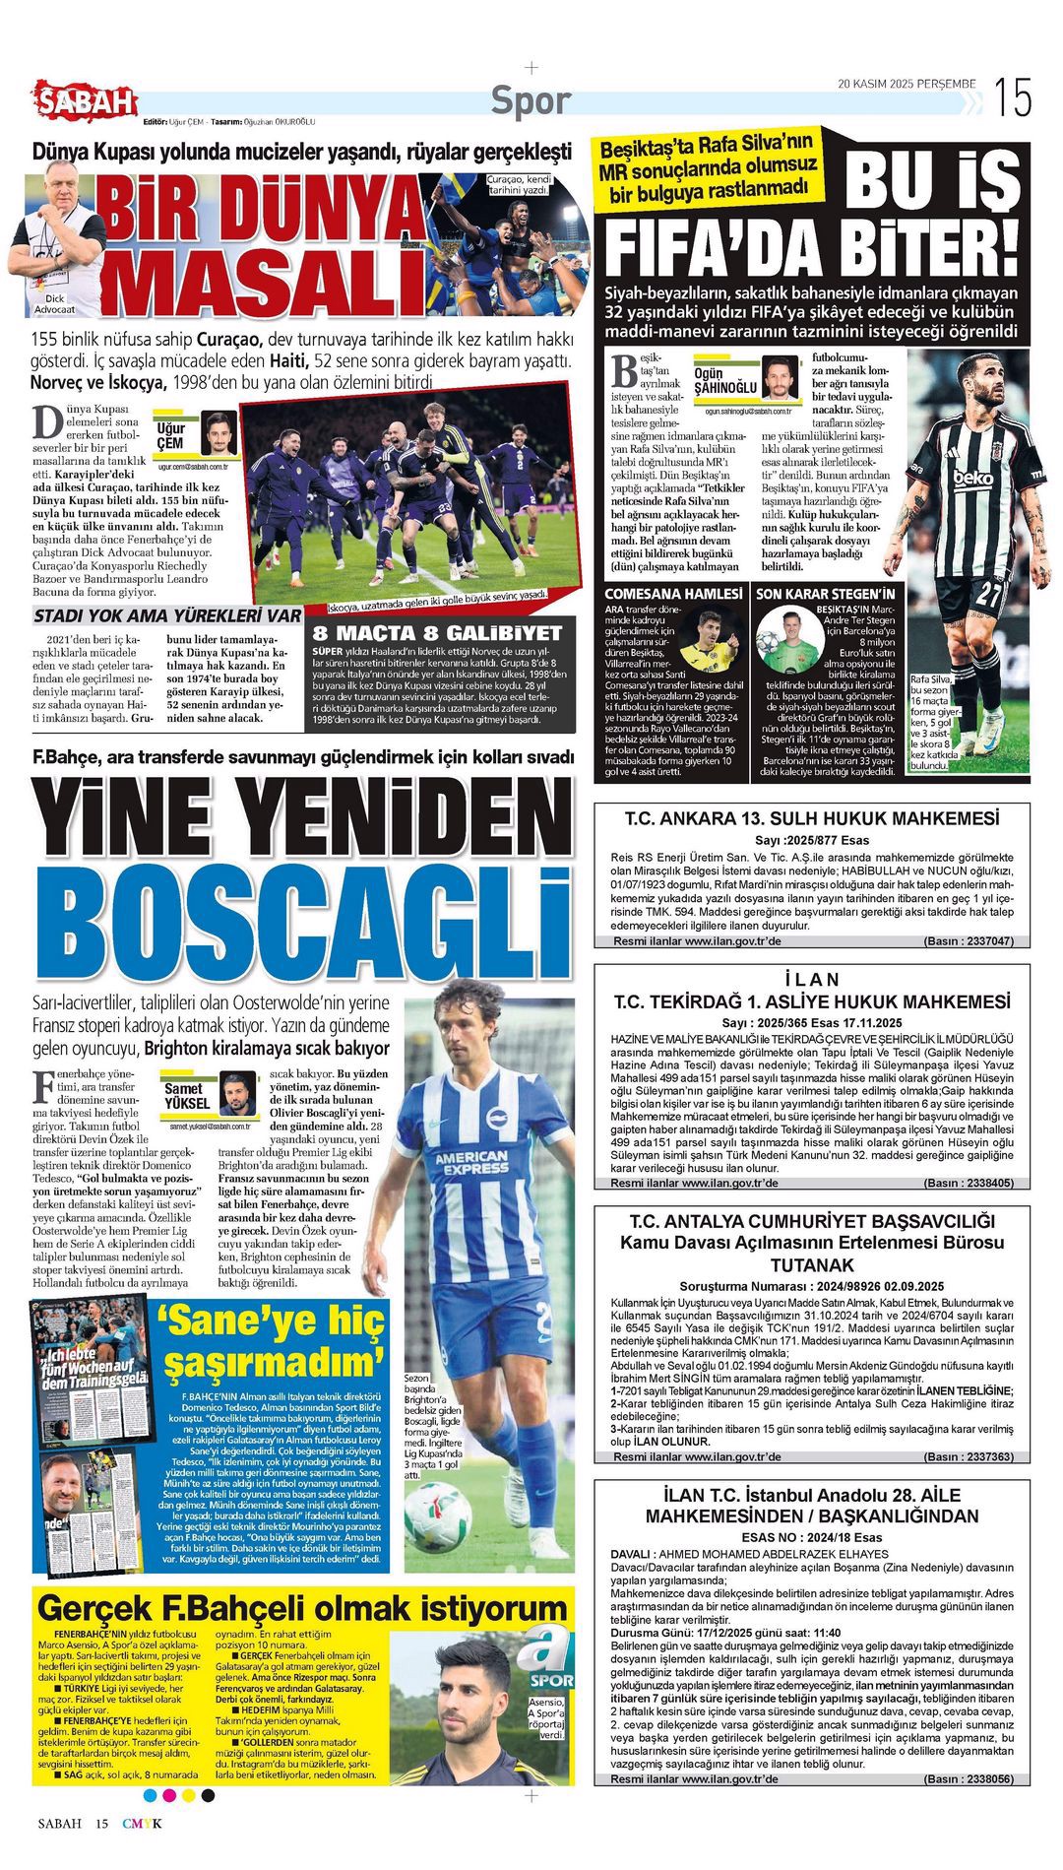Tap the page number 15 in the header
[x=1012, y=97]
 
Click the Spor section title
[x=531, y=100]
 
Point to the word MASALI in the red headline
[x=264, y=282]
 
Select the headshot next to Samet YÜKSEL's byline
[x=237, y=1094]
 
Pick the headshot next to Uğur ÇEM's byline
[x=219, y=432]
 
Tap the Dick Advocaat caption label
[x=55, y=303]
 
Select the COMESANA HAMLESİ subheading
[x=672, y=594]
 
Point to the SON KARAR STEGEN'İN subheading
[x=825, y=594]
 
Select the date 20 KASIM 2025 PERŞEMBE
[x=907, y=84]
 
